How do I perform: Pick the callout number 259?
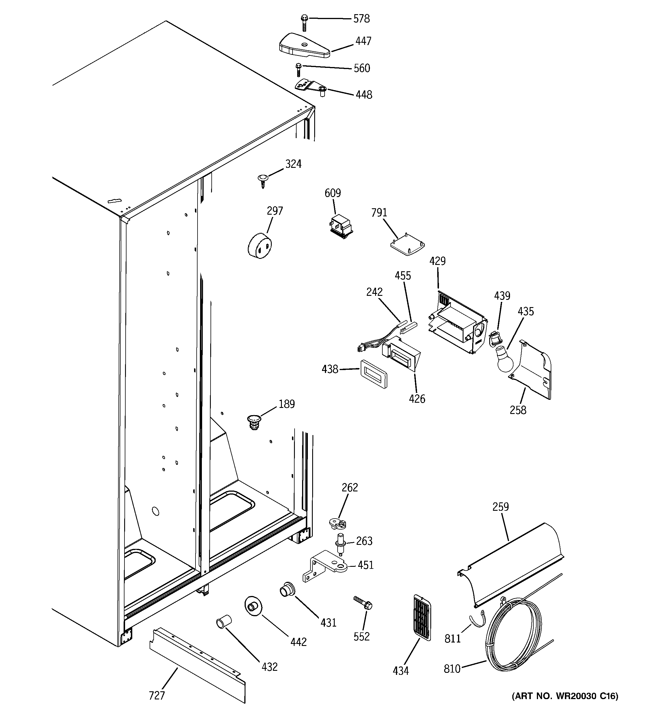(500, 507)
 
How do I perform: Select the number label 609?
(332, 193)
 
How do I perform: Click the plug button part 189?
(254, 421)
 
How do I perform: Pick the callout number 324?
(293, 164)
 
